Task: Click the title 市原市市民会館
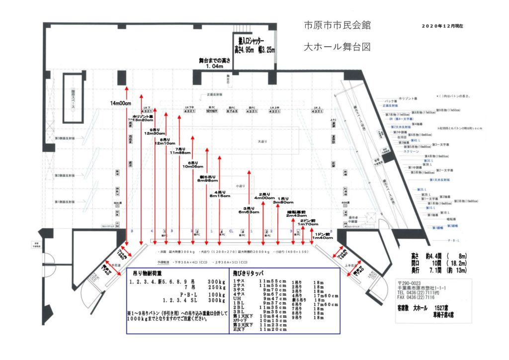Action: coord(337,26)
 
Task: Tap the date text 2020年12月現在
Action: coord(445,25)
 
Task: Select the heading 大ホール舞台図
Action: coord(337,48)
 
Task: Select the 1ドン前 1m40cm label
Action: coord(323,236)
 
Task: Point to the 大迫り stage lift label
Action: coord(262,142)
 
